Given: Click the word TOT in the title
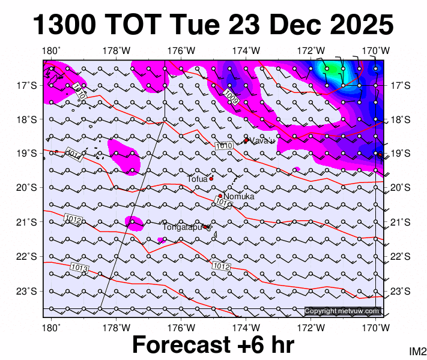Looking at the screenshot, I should (135, 25).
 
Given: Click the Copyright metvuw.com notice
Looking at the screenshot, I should (342, 311).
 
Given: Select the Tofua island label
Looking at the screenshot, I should (197, 179).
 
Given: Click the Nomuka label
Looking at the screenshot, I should (239, 196).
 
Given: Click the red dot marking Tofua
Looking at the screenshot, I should (211, 178).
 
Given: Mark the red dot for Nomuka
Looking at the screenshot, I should (220, 196).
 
